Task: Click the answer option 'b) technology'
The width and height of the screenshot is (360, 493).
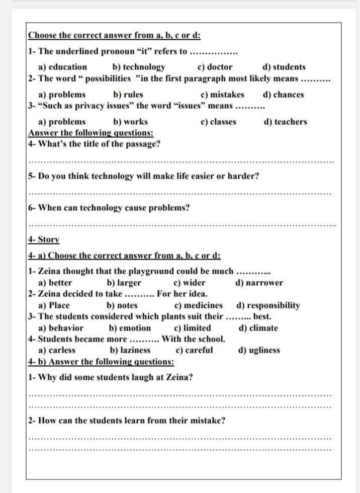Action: pos(139,67)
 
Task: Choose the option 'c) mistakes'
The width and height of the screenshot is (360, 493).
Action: pos(222,94)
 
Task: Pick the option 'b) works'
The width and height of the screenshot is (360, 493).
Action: pos(131,121)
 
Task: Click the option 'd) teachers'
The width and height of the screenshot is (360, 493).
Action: pos(285,121)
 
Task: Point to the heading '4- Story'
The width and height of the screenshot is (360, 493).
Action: pos(43,239)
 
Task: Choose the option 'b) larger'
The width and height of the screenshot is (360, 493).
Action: pos(124,283)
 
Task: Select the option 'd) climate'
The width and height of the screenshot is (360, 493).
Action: pos(258,328)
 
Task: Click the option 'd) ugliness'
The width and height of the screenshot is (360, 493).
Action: pos(258,350)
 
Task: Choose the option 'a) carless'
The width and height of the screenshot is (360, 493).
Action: pos(57,350)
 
